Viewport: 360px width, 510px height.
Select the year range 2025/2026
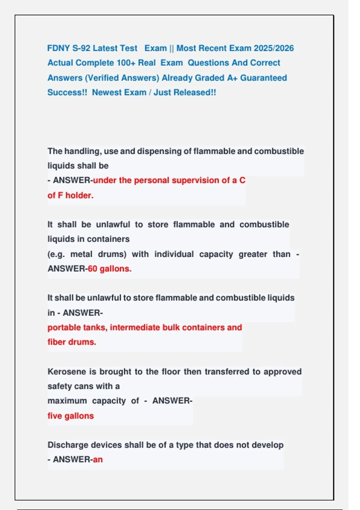[x=274, y=48]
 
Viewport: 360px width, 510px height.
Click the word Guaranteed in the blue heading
[x=263, y=78]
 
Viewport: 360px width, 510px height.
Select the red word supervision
[x=195, y=180]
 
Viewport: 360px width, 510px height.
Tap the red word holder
[x=79, y=196]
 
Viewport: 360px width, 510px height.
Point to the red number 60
[x=92, y=269]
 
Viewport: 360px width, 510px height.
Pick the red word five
[x=55, y=416]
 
